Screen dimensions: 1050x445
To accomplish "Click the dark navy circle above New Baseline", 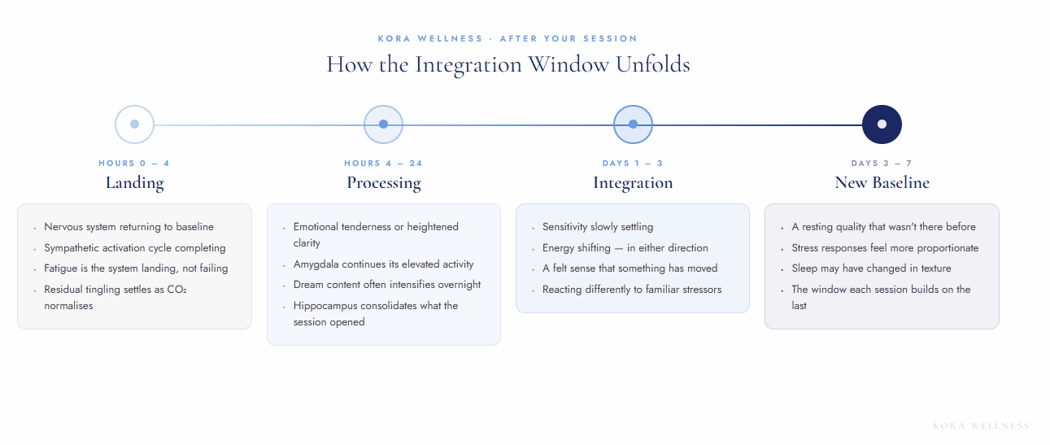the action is (x=882, y=124).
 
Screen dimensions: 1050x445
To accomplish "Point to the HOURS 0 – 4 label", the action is (x=134, y=164).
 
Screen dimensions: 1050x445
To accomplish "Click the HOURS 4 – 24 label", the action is (x=383, y=164).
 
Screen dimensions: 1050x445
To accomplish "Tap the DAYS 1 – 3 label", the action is (x=633, y=164).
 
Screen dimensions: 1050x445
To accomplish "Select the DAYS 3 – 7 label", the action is (x=882, y=164).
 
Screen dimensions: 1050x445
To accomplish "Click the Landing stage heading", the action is (x=134, y=183).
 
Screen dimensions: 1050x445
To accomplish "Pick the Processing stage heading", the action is (x=384, y=183).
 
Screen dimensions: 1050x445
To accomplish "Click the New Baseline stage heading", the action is (x=882, y=182).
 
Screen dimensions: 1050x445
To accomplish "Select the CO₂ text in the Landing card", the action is (x=176, y=290).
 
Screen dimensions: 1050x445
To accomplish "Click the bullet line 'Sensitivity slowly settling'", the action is (x=598, y=227).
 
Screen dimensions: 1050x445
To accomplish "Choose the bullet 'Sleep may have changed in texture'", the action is (x=871, y=268).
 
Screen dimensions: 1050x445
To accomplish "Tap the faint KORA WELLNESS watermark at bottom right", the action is (x=981, y=425).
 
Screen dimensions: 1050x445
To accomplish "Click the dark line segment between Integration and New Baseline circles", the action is (x=757, y=124).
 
